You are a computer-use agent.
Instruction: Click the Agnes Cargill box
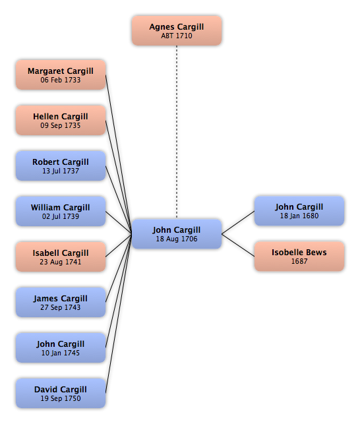[177, 30]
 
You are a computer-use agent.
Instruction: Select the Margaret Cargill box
[61, 75]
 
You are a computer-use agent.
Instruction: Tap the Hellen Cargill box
[61, 120]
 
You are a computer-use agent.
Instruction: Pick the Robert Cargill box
[61, 166]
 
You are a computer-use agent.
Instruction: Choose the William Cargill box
[61, 211]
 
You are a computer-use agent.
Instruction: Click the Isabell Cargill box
[61, 257]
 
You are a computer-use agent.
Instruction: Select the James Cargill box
[61, 302]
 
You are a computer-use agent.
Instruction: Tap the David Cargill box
[61, 393]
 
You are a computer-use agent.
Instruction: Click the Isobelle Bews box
[299, 257]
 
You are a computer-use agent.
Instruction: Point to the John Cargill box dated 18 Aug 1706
[177, 234]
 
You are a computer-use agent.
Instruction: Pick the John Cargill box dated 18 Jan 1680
[299, 211]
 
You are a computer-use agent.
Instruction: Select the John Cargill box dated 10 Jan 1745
[61, 348]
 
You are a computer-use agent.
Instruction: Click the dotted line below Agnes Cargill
[177, 132]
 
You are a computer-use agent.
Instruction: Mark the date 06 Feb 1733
[61, 80]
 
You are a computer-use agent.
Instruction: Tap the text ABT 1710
[177, 36]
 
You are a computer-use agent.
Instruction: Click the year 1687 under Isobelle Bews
[299, 261]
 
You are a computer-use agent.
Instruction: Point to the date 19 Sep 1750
[61, 398]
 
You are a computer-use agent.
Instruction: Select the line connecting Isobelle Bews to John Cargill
[238, 245]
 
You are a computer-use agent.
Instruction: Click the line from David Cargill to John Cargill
[119, 314]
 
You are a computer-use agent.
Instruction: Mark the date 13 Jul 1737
[61, 171]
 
